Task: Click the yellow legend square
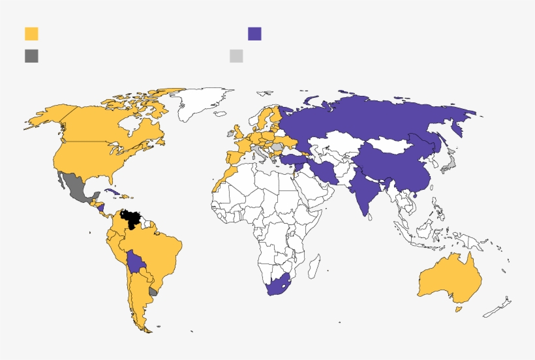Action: (x=31, y=34)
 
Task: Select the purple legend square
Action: (x=254, y=34)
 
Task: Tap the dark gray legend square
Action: (x=31, y=55)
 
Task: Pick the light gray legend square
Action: (x=236, y=55)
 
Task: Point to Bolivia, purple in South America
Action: (x=137, y=263)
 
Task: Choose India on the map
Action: (x=363, y=192)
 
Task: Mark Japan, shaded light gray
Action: (x=449, y=163)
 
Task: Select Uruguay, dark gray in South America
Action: (x=154, y=292)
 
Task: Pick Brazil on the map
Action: (x=160, y=251)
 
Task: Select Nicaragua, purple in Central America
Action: (x=101, y=209)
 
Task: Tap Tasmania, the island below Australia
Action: (x=459, y=307)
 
